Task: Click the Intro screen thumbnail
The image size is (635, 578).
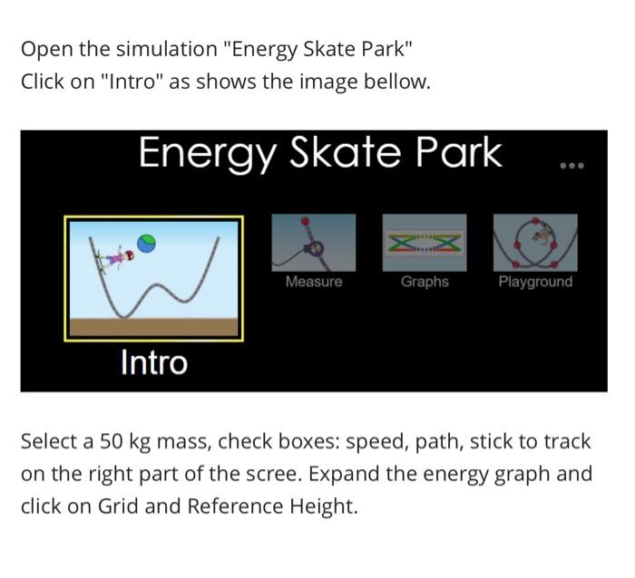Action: coord(153,278)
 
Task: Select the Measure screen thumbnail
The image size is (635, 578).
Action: coord(314,242)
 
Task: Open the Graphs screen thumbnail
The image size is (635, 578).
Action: coord(425,242)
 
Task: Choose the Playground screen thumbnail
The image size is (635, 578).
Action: coord(535,242)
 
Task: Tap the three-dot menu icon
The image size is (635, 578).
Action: coord(572,166)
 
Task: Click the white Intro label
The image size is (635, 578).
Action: coord(153,363)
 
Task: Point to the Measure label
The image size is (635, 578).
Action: coord(314,282)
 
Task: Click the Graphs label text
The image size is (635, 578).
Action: coord(425,282)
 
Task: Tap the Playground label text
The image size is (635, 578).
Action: coord(535,282)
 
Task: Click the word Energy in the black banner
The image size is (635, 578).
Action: coord(206,154)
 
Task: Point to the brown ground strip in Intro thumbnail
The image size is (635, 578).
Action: coord(153,327)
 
